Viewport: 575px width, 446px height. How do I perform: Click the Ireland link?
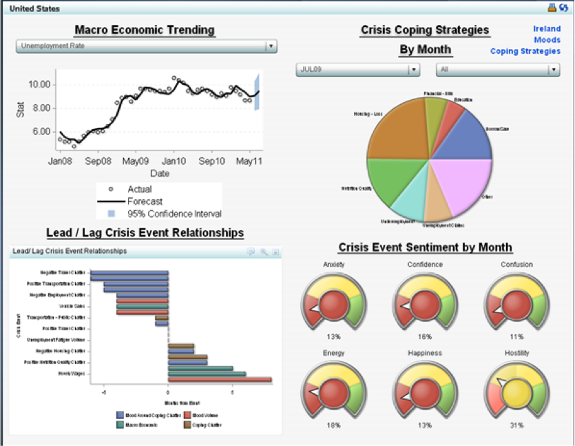(x=547, y=29)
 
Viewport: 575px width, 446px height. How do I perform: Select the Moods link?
(x=547, y=40)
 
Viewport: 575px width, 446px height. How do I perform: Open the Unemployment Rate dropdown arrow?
(x=271, y=46)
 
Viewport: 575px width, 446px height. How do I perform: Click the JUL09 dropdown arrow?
(x=413, y=70)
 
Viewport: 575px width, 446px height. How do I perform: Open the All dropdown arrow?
(x=554, y=70)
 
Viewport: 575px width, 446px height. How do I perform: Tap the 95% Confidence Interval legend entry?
(x=174, y=214)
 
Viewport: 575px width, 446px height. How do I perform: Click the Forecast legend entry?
(x=145, y=201)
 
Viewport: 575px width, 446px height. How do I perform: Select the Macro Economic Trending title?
(x=144, y=30)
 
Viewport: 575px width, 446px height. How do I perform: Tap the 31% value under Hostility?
(x=517, y=425)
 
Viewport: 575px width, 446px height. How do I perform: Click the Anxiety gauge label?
(x=333, y=265)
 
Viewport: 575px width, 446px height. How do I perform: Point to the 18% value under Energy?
(x=333, y=425)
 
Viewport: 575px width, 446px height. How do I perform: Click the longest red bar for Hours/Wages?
(x=220, y=379)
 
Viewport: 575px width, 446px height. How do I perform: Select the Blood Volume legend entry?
(x=207, y=415)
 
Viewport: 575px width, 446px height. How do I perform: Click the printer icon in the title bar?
(x=551, y=8)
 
